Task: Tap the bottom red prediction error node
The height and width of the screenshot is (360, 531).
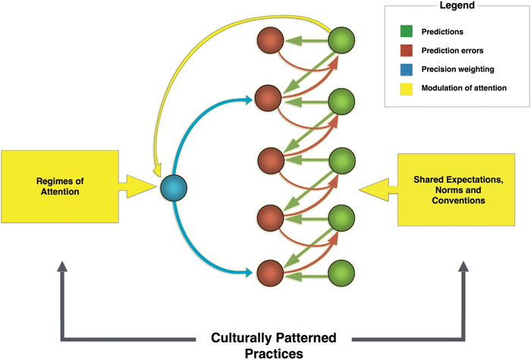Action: (x=269, y=271)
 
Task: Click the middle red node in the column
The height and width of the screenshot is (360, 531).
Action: (x=269, y=160)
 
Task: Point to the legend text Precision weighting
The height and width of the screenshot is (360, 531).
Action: (x=454, y=70)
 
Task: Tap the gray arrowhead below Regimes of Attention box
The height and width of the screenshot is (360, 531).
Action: (x=63, y=266)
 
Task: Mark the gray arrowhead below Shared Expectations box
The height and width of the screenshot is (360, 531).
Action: (x=463, y=266)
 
